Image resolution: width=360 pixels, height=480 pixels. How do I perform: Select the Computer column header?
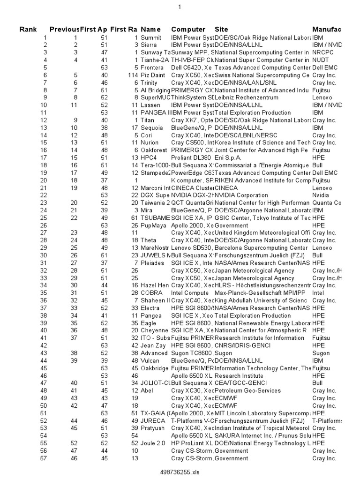(x=188, y=30)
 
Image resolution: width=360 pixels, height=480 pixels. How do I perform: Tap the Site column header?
(x=221, y=30)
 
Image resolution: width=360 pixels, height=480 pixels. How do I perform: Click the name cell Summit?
(x=151, y=37)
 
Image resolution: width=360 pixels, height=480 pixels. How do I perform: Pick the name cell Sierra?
(x=150, y=45)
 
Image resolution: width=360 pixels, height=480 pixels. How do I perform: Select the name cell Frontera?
(x=152, y=67)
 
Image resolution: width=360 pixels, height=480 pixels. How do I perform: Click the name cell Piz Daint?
(x=152, y=75)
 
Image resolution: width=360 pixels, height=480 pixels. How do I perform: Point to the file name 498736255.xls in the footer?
(x=180, y=472)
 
